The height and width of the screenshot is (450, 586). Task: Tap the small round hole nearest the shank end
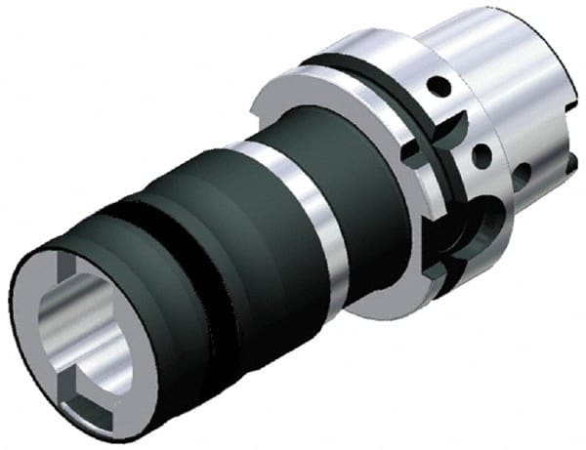point(526,172)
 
